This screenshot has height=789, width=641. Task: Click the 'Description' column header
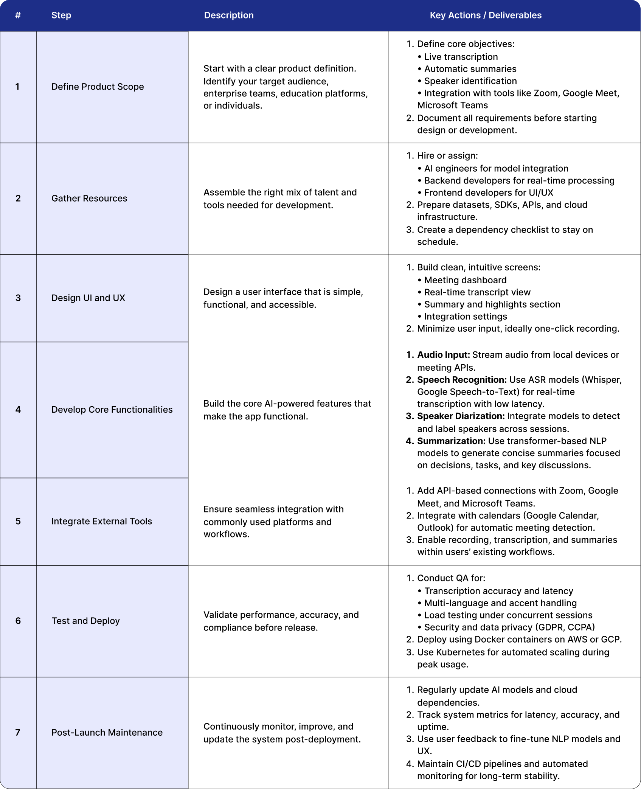(229, 16)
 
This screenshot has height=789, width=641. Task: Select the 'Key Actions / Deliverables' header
(486, 16)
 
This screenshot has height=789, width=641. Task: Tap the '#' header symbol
(18, 16)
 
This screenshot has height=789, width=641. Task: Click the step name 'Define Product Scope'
(98, 87)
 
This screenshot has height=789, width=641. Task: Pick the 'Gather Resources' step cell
(89, 198)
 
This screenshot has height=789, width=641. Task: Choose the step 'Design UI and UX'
(88, 298)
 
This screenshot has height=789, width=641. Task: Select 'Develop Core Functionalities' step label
(112, 410)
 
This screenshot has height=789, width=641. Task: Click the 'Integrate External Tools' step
(102, 521)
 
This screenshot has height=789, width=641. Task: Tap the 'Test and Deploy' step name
(85, 621)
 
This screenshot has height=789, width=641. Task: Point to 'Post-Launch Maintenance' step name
(107, 732)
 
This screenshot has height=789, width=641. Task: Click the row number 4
(18, 410)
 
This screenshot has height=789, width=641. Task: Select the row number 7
(18, 732)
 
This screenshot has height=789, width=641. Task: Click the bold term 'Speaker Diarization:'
(461, 416)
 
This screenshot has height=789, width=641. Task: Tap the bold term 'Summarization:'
(451, 441)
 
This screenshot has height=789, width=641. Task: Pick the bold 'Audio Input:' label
(443, 355)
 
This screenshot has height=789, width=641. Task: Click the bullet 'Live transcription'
(461, 57)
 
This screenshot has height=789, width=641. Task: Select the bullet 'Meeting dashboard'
(465, 280)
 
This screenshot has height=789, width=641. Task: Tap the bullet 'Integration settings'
(465, 317)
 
